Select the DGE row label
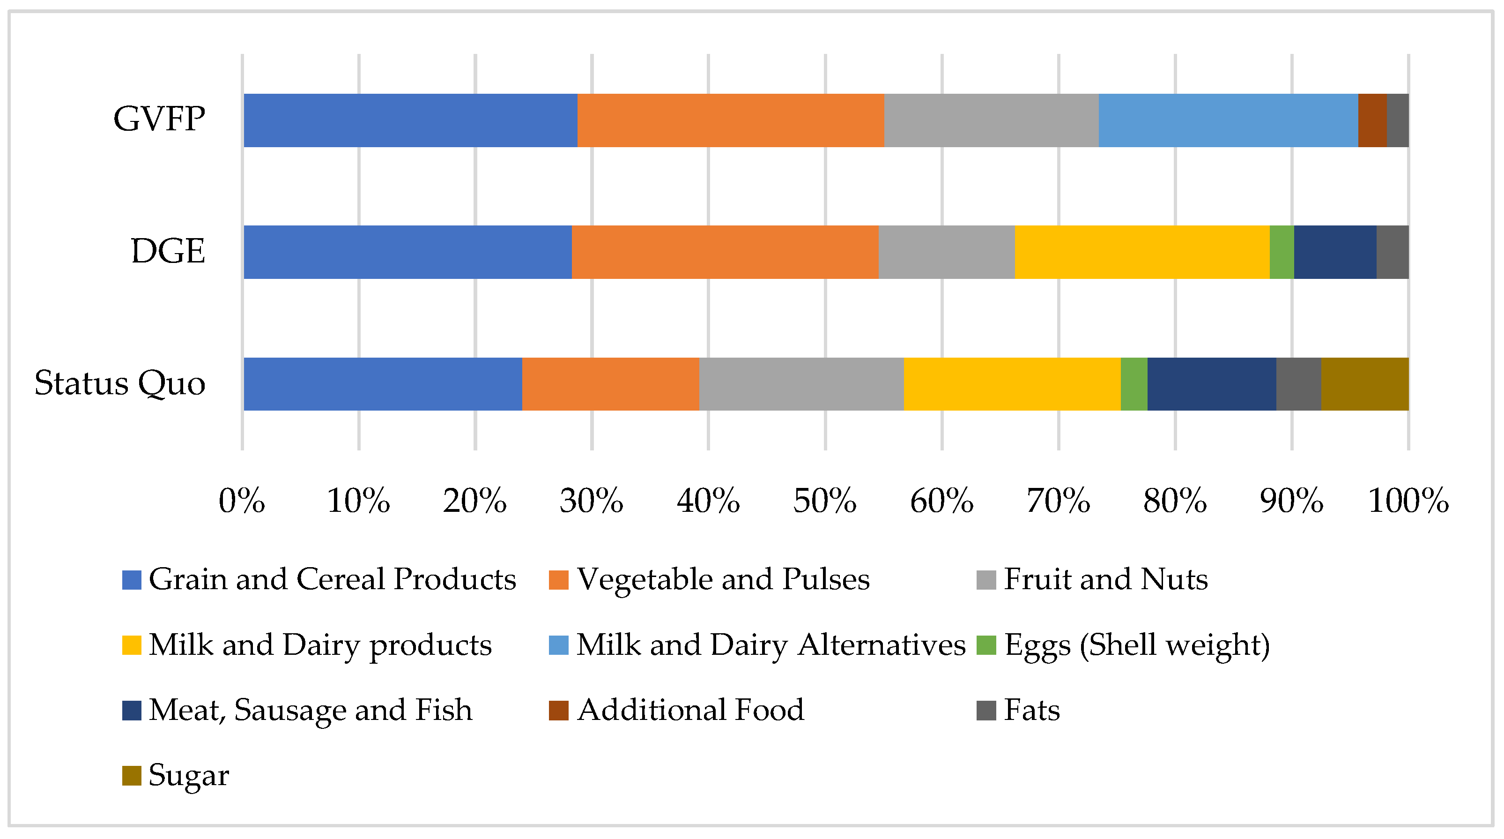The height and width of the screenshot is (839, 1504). (x=168, y=251)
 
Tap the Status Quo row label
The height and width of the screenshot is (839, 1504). (x=120, y=383)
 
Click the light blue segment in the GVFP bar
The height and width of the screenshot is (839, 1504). (x=1228, y=120)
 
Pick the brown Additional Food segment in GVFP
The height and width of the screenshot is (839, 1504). (x=1372, y=120)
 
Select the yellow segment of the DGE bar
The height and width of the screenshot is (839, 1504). (x=1141, y=252)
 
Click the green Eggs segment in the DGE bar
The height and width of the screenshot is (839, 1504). (x=1282, y=252)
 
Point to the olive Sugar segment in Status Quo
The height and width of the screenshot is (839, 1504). (x=1364, y=384)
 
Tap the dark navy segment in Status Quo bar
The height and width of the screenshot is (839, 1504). (x=1212, y=384)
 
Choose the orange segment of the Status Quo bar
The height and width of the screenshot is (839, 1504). (x=610, y=384)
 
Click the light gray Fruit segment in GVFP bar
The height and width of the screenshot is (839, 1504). (x=991, y=120)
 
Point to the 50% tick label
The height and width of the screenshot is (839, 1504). (x=824, y=501)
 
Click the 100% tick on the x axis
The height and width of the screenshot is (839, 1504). (x=1408, y=501)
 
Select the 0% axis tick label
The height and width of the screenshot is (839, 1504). (x=242, y=501)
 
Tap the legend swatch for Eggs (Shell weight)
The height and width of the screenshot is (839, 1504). (x=985, y=645)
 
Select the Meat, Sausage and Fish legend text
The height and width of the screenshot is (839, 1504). (x=310, y=711)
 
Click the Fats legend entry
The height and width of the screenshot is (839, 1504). (x=1031, y=711)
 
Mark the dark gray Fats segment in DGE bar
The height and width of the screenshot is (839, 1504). (x=1392, y=252)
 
